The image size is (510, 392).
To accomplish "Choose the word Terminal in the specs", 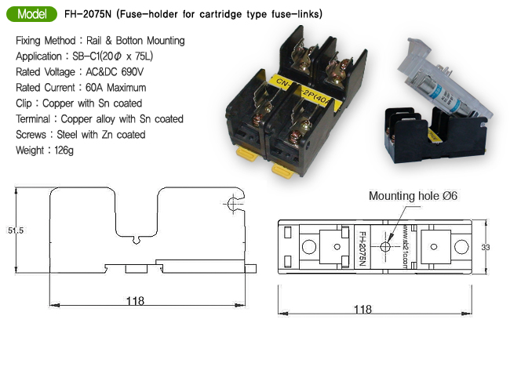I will pos(35,118).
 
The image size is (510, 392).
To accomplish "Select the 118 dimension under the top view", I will pos(363,309).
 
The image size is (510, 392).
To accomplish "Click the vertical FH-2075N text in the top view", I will pos(362,247).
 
